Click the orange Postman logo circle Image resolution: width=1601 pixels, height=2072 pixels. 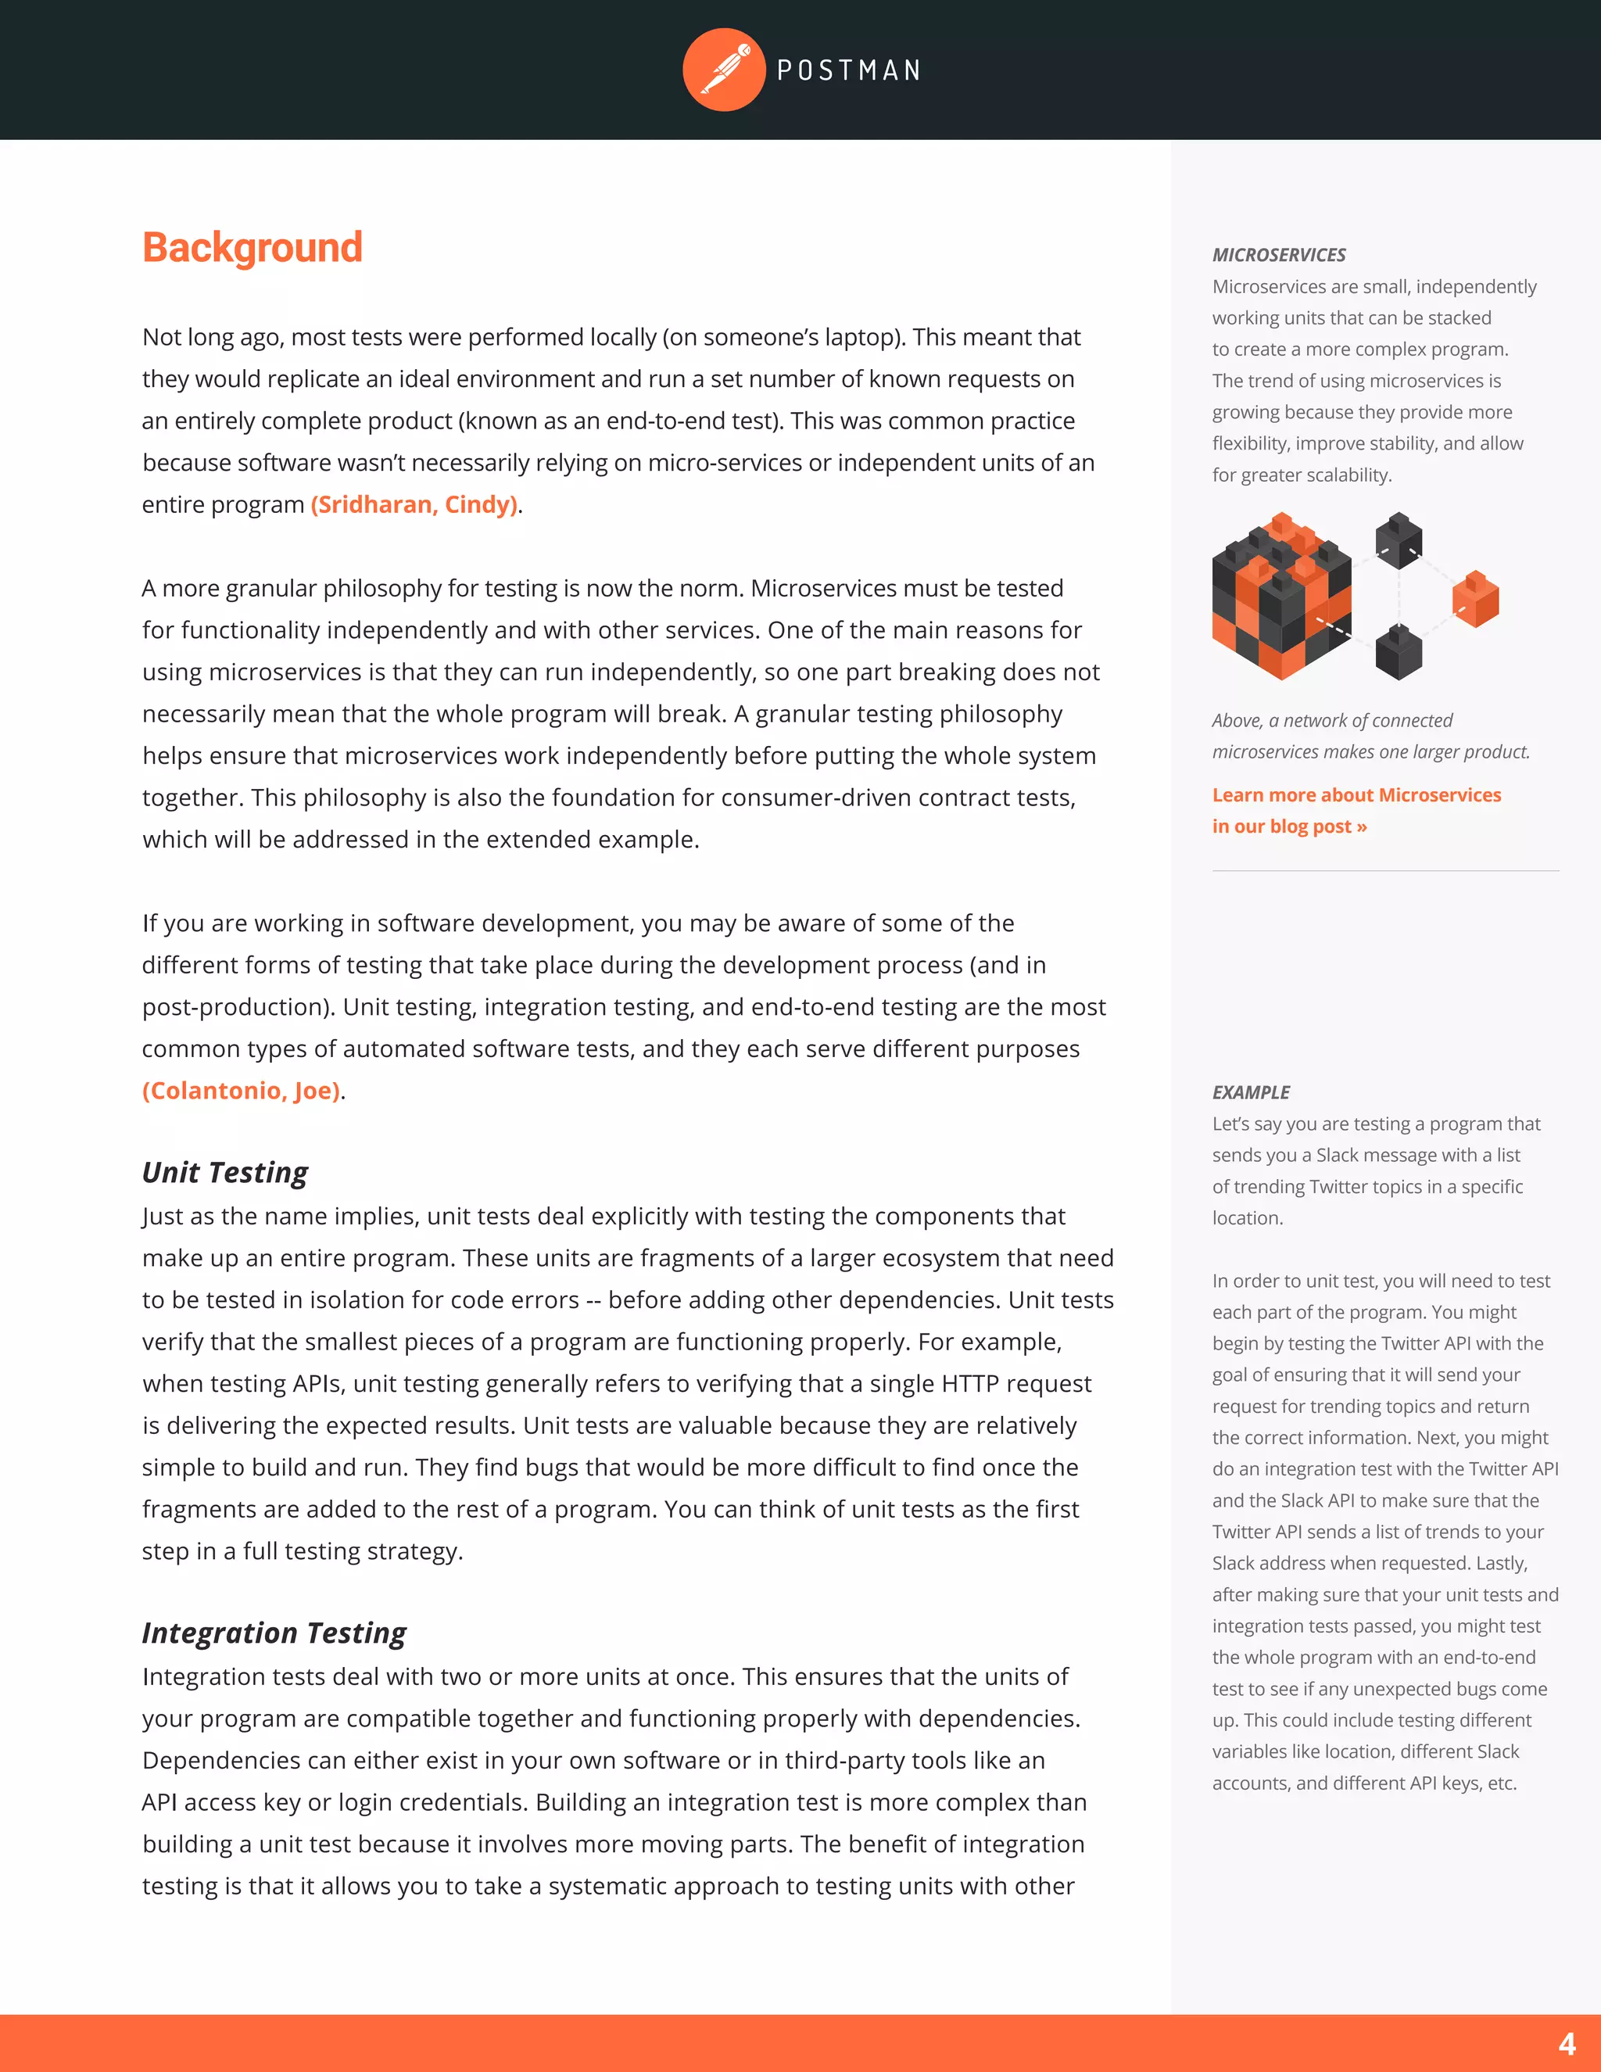coord(724,70)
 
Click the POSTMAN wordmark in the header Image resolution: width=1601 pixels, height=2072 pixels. coord(849,70)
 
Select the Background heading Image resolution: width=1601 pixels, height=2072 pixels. coord(253,248)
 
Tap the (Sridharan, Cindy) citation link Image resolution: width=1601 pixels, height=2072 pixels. coord(414,505)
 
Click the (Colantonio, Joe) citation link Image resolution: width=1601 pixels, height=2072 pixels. coord(241,1091)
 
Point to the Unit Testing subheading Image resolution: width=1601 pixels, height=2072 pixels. coord(225,1173)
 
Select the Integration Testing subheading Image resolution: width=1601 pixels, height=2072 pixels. coord(274,1633)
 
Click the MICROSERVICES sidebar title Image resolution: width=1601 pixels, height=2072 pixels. coord(1278,255)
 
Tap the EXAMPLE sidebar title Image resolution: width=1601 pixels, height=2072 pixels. coord(1250,1093)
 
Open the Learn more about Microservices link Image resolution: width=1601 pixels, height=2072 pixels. coord(1356,796)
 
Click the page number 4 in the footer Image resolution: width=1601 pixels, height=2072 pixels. coord(1567,2042)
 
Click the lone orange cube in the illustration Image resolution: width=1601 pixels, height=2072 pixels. coord(1475,599)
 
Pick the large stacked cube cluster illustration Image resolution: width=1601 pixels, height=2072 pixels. coord(1281,597)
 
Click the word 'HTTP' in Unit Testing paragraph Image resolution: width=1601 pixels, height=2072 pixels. coord(970,1384)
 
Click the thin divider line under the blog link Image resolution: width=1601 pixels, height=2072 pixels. coord(1384,871)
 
